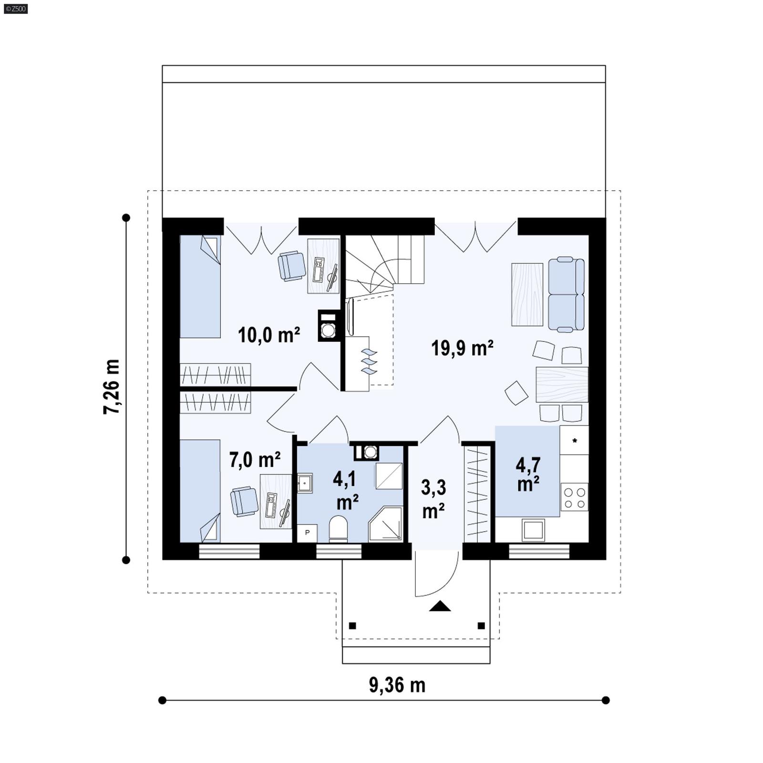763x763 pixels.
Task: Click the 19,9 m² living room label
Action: click(462, 348)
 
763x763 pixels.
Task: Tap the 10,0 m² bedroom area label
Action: click(268, 335)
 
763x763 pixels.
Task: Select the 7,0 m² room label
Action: click(254, 460)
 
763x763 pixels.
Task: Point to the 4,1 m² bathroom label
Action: click(346, 490)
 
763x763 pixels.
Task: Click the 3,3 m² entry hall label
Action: click(433, 499)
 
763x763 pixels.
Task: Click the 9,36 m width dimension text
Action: click(397, 685)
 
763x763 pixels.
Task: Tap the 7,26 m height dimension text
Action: click(112, 386)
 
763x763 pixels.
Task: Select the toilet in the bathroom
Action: click(338, 528)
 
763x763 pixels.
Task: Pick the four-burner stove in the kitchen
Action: click(574, 497)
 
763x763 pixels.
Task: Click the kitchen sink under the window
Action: click(533, 530)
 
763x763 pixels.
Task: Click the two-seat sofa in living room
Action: click(566, 294)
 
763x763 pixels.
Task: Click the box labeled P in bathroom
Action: click(307, 533)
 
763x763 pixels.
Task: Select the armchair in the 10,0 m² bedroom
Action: click(291, 266)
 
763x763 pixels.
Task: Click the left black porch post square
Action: click(352, 626)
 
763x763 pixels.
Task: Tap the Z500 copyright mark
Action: click(15, 8)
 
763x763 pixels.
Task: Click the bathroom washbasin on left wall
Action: click(304, 483)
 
